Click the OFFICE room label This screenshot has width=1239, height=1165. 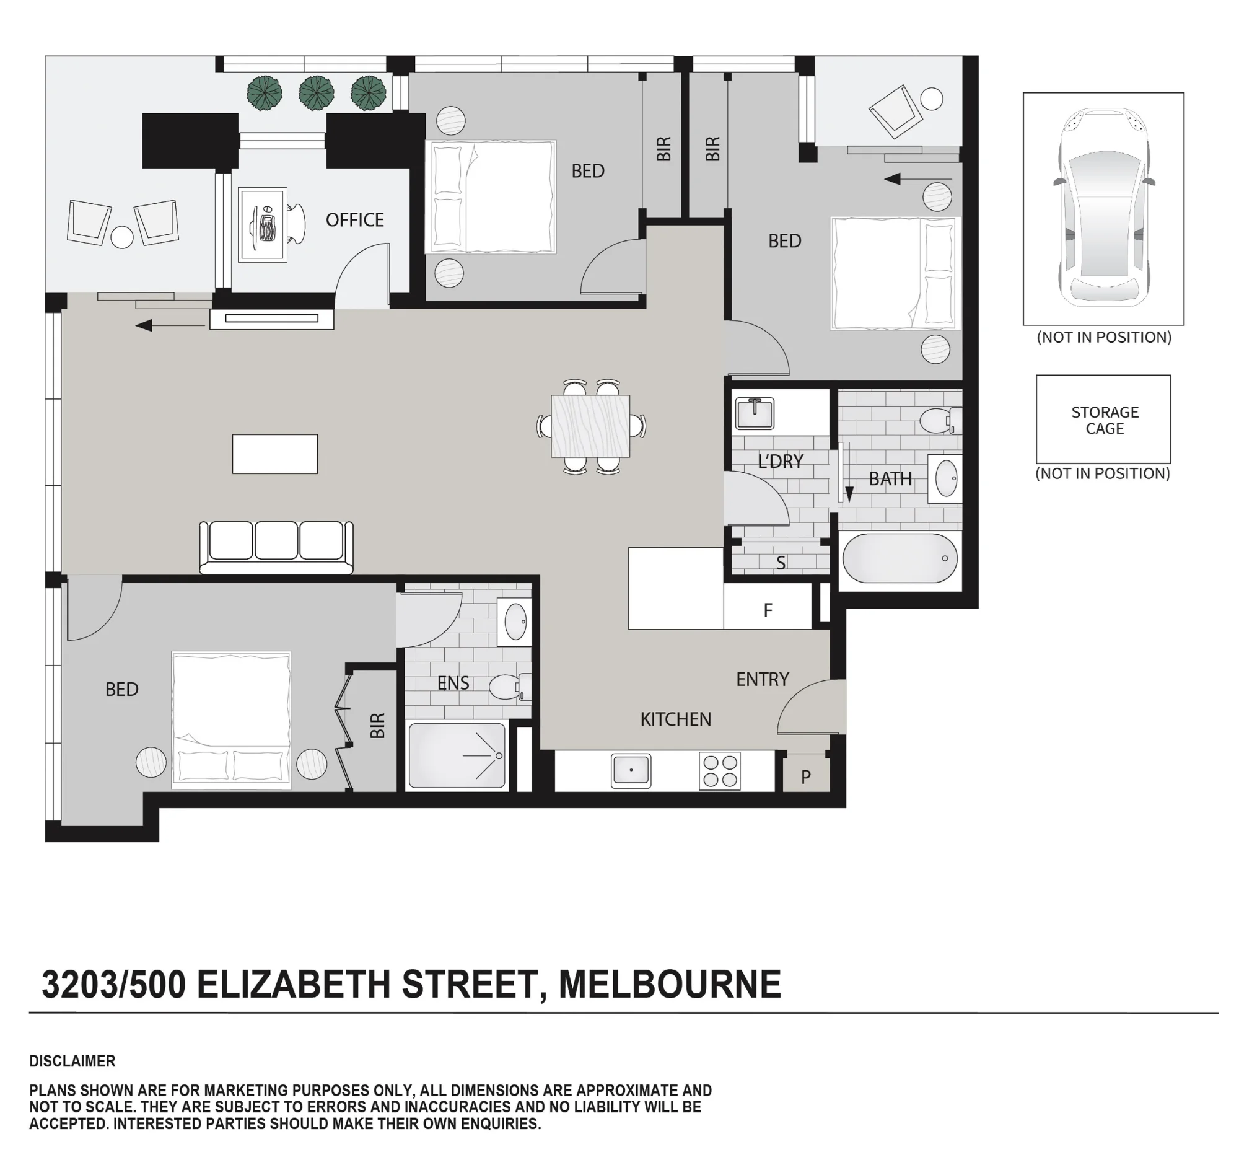(x=354, y=219)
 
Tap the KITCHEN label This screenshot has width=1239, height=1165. (x=676, y=719)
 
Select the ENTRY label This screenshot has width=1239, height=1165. (x=762, y=679)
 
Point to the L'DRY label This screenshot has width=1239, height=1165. (x=781, y=461)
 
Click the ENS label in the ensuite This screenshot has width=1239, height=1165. (x=453, y=683)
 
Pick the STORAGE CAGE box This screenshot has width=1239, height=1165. (x=1103, y=419)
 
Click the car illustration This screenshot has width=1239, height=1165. (x=1104, y=208)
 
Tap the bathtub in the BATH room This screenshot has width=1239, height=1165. (x=900, y=558)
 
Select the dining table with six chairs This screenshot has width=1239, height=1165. (x=591, y=427)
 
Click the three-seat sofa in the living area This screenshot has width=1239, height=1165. (x=276, y=547)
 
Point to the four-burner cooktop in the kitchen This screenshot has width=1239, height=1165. (x=720, y=771)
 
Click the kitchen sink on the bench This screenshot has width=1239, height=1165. (x=631, y=771)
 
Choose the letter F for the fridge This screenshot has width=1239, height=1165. (x=768, y=610)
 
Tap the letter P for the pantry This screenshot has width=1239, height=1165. (x=806, y=777)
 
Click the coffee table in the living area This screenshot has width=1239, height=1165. (x=275, y=454)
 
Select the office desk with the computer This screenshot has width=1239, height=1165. (x=263, y=224)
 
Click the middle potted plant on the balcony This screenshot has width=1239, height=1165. (x=317, y=93)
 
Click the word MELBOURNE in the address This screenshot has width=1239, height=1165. (x=670, y=984)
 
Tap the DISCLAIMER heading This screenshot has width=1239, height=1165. (x=72, y=1061)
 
